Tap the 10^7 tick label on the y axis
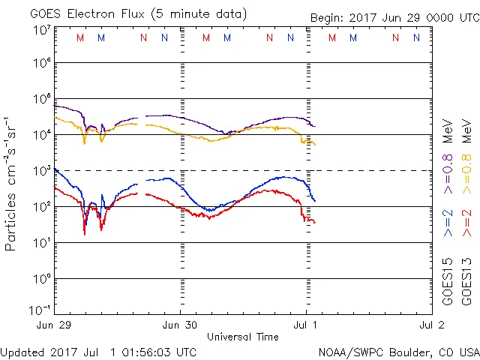click(x=41, y=30)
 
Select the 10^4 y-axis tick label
click(x=41, y=134)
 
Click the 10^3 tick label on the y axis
click(x=41, y=170)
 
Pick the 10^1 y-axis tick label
click(x=41, y=242)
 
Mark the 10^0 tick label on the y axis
click(x=41, y=278)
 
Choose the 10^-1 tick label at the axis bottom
click(x=41, y=309)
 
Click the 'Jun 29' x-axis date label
click(x=54, y=325)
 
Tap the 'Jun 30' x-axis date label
click(x=180, y=325)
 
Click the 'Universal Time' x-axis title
click(x=242, y=337)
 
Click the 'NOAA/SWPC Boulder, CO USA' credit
click(x=397, y=352)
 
